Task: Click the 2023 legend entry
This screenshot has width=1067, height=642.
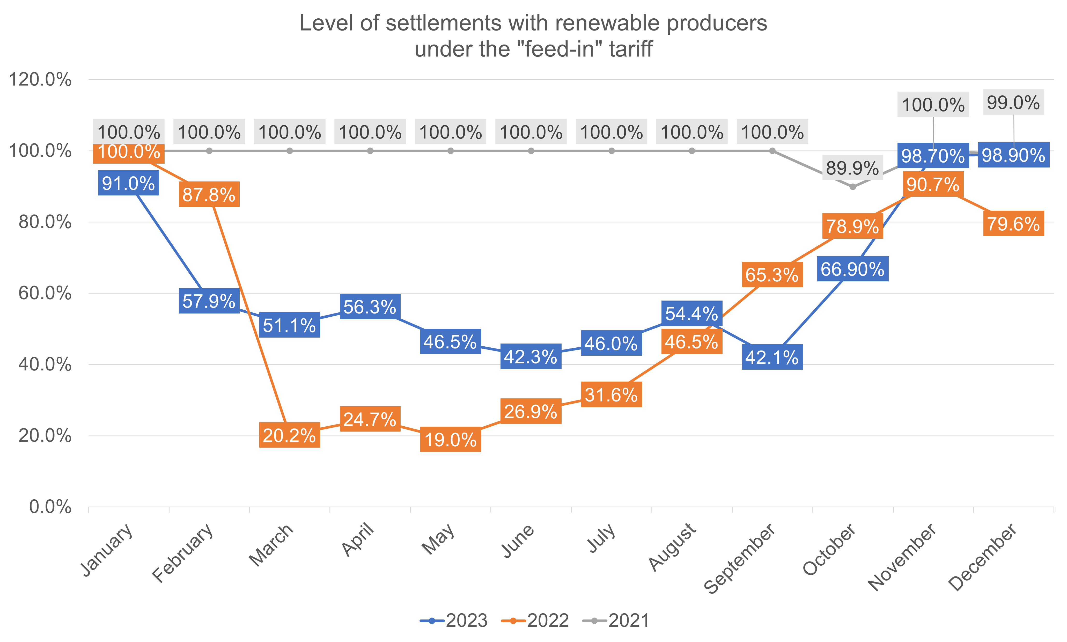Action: [x=454, y=620]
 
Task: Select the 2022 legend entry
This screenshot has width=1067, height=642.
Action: [x=535, y=620]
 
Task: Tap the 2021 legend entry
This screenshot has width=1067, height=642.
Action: [x=617, y=620]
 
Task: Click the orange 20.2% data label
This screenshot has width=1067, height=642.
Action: [x=289, y=435]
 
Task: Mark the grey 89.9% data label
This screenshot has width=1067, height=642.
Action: [x=852, y=168]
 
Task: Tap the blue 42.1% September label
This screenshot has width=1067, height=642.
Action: [x=772, y=357]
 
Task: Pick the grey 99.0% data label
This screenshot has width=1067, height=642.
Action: [x=1013, y=103]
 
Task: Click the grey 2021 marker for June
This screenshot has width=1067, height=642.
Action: [x=531, y=151]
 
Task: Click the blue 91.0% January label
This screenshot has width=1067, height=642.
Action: [x=128, y=184]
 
